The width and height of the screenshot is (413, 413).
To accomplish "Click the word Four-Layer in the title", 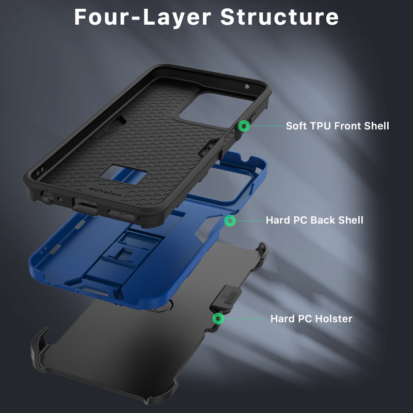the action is pyautogui.click(x=143, y=17).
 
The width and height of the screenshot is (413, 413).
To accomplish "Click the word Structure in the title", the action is pyautogui.click(x=279, y=17).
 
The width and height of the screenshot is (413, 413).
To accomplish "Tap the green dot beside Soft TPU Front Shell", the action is pyautogui.click(x=244, y=125).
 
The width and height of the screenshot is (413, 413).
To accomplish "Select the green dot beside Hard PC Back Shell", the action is pyautogui.click(x=230, y=220).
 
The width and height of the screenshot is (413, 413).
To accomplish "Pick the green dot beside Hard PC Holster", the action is pyautogui.click(x=218, y=319).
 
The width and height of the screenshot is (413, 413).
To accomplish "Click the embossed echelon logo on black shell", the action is pyautogui.click(x=105, y=193).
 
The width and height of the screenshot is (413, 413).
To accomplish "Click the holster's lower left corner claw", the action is pyautogui.click(x=40, y=347).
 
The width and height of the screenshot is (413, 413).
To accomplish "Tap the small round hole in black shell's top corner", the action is pyautogui.click(x=247, y=86).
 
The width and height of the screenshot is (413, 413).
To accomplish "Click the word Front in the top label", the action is pyautogui.click(x=347, y=126).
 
